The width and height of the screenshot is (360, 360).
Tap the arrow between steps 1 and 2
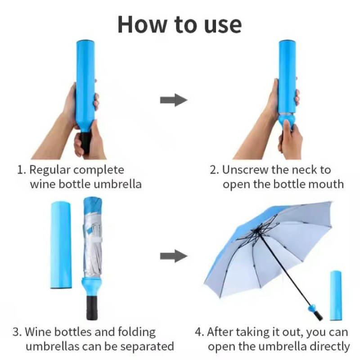tap(174, 100)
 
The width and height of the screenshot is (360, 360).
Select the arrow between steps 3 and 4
tap(174, 256)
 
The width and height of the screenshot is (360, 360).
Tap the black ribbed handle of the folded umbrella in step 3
tap(92, 307)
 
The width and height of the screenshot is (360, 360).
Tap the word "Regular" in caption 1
tap(49, 170)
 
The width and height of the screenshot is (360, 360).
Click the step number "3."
tap(17, 332)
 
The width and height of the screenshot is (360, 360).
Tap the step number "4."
tap(199, 332)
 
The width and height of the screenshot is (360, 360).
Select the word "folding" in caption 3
tap(133, 332)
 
